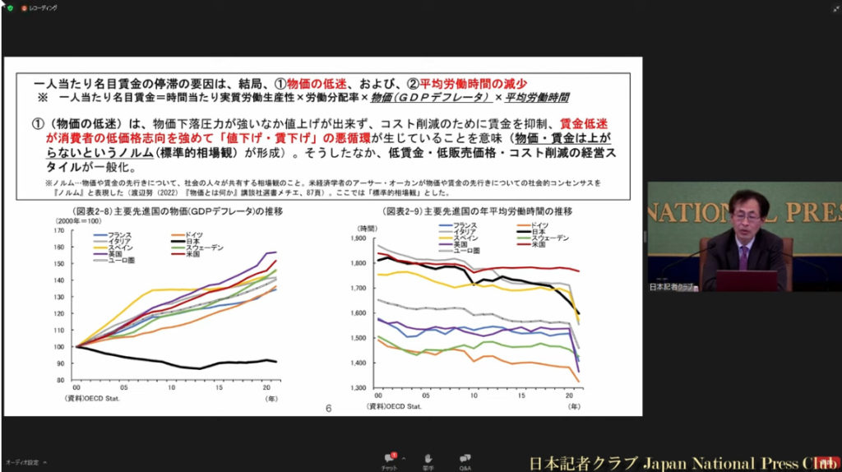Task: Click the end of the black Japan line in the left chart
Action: tap(276, 362)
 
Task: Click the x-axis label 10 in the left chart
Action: tap(171, 387)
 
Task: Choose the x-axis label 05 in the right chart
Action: tap(425, 396)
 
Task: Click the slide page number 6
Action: tap(328, 408)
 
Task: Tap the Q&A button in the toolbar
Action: tap(465, 460)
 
